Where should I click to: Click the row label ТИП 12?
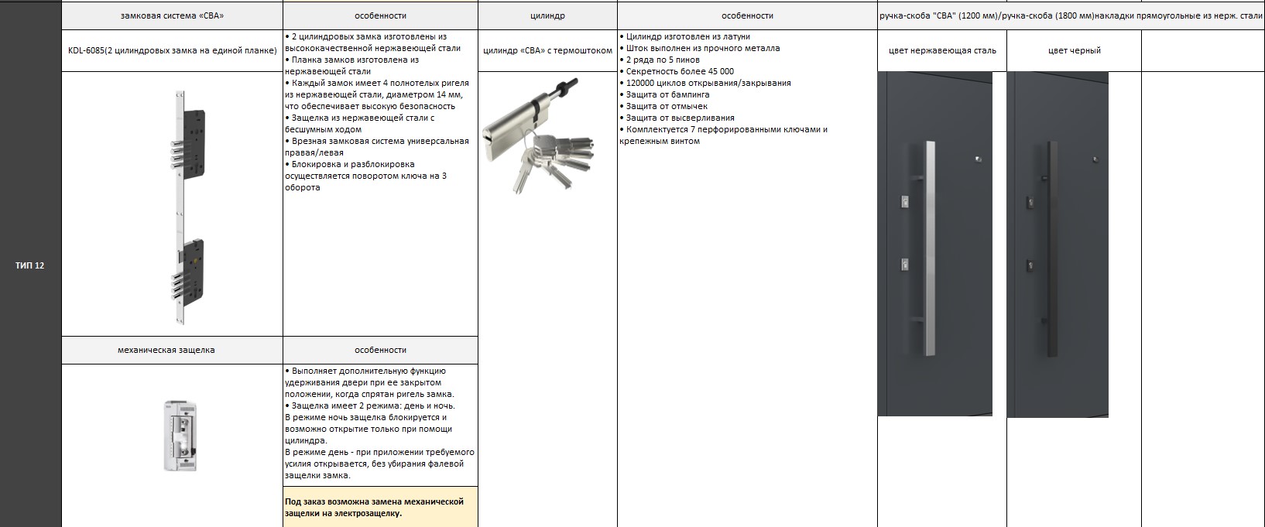[30, 265]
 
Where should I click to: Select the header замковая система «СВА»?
[172, 15]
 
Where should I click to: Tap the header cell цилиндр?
[547, 15]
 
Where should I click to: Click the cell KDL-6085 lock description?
[172, 51]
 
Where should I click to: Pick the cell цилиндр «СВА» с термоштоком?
[547, 51]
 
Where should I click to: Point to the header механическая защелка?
[166, 350]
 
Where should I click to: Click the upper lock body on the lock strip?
[194, 135]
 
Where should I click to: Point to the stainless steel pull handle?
[929, 248]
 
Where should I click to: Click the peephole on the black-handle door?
[1095, 159]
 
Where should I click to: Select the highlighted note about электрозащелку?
[379, 507]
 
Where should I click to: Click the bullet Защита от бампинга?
[667, 94]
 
